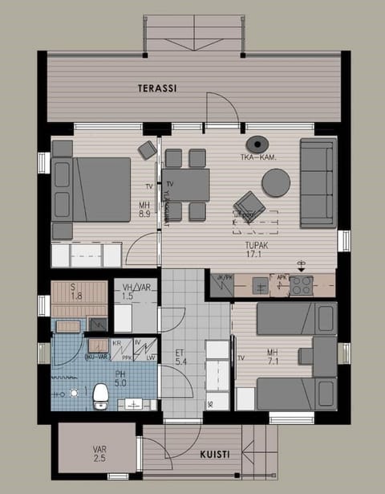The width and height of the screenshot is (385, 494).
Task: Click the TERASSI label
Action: [157, 88]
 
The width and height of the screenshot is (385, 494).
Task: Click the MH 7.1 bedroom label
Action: [275, 355]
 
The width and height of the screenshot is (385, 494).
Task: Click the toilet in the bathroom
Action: [100, 394]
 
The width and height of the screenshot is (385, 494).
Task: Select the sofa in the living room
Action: [318, 182]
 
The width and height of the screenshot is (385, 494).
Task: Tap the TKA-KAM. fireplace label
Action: [262, 158]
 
